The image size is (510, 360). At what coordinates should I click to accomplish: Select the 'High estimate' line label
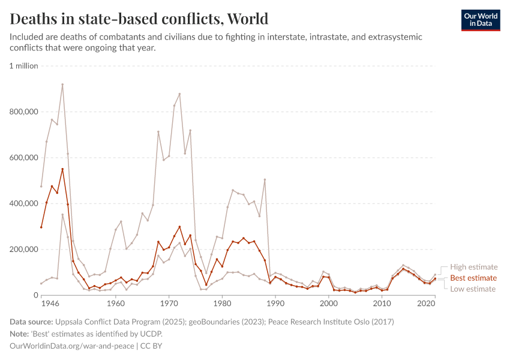pos(475,267)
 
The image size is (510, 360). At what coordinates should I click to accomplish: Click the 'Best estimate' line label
pos(473,278)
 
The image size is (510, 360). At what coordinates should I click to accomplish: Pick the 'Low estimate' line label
pos(473,289)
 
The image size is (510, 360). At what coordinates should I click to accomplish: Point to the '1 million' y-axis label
pos(24,66)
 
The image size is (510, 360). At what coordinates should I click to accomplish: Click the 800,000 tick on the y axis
pos(24,112)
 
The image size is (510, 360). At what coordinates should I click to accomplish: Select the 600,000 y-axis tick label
pos(24,158)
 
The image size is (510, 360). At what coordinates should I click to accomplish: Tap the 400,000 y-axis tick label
pos(24,203)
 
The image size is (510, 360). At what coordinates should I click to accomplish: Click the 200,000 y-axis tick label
pos(24,250)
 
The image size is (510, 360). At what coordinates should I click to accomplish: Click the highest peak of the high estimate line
pos(62,85)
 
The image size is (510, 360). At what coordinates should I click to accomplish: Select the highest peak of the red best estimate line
pos(62,169)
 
